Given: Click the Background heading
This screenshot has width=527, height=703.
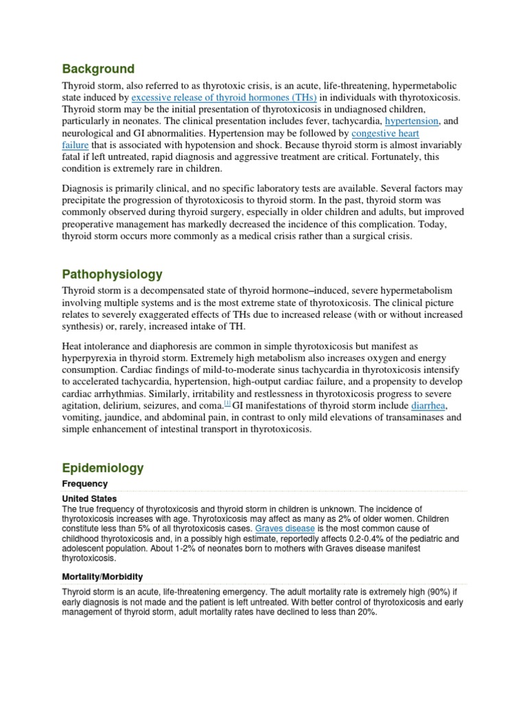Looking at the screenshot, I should click(x=98, y=69).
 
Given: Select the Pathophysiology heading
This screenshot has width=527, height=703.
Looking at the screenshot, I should click(x=113, y=274).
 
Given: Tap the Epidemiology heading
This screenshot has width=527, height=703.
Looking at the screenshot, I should click(x=103, y=468).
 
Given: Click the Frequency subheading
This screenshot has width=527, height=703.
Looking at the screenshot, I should click(x=85, y=484).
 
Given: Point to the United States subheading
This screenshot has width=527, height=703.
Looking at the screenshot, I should click(x=89, y=498).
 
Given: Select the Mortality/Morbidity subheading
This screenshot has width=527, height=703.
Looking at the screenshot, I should click(x=102, y=577).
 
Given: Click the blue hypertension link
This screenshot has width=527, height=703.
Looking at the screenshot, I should click(x=412, y=121).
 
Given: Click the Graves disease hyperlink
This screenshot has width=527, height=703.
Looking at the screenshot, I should click(x=285, y=529).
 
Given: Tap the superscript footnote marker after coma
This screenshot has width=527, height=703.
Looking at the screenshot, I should click(x=227, y=403).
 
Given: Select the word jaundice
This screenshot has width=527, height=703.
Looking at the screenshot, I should click(x=128, y=417).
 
